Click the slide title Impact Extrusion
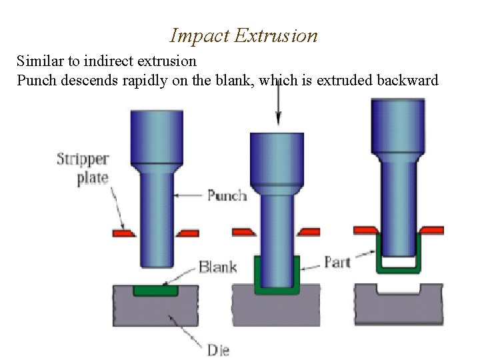[243, 35]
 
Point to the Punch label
[227, 195]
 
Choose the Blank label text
[217, 267]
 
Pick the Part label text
[337, 262]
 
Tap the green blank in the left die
[155, 291]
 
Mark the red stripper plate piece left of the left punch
[124, 233]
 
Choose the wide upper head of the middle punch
[277, 157]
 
